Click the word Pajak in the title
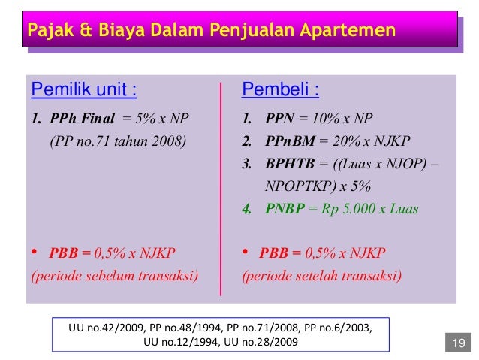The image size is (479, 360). [48, 32]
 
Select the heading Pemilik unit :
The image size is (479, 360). [83, 92]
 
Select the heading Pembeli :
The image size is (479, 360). [280, 92]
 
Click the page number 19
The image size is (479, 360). [458, 344]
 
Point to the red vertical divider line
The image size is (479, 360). [221, 188]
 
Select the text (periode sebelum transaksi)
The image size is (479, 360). [114, 275]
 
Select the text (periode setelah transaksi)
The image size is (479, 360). [322, 275]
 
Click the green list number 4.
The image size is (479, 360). [246, 209]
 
